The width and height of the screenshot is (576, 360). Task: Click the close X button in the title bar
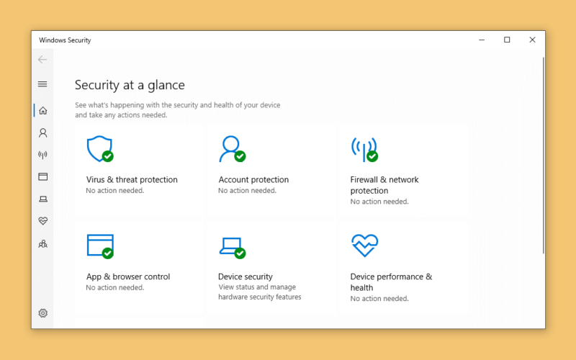coord(532,40)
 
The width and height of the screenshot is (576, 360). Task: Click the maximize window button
coord(507,40)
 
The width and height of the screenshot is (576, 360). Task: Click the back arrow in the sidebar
coord(42,60)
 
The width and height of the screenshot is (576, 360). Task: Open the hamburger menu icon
coord(42,84)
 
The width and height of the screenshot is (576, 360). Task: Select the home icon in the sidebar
coord(43,111)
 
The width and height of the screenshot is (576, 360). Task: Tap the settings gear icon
coord(43,313)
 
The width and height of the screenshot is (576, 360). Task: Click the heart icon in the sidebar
coord(43,221)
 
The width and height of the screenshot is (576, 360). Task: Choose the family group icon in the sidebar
coord(43,244)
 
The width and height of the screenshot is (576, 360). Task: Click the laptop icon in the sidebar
coord(43,199)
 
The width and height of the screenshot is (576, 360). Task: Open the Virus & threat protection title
coord(132,179)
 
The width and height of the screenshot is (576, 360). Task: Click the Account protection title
coord(253,179)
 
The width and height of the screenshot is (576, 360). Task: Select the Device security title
coord(246,276)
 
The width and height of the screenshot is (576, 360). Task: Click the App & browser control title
coord(128,276)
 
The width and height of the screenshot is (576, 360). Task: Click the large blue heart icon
coord(364,246)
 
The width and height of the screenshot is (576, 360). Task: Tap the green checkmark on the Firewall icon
coord(372,156)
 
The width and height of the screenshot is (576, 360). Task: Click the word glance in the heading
coord(166,85)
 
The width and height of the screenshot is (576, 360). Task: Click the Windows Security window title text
coord(65,40)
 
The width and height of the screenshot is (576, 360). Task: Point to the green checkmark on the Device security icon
coord(240,253)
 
